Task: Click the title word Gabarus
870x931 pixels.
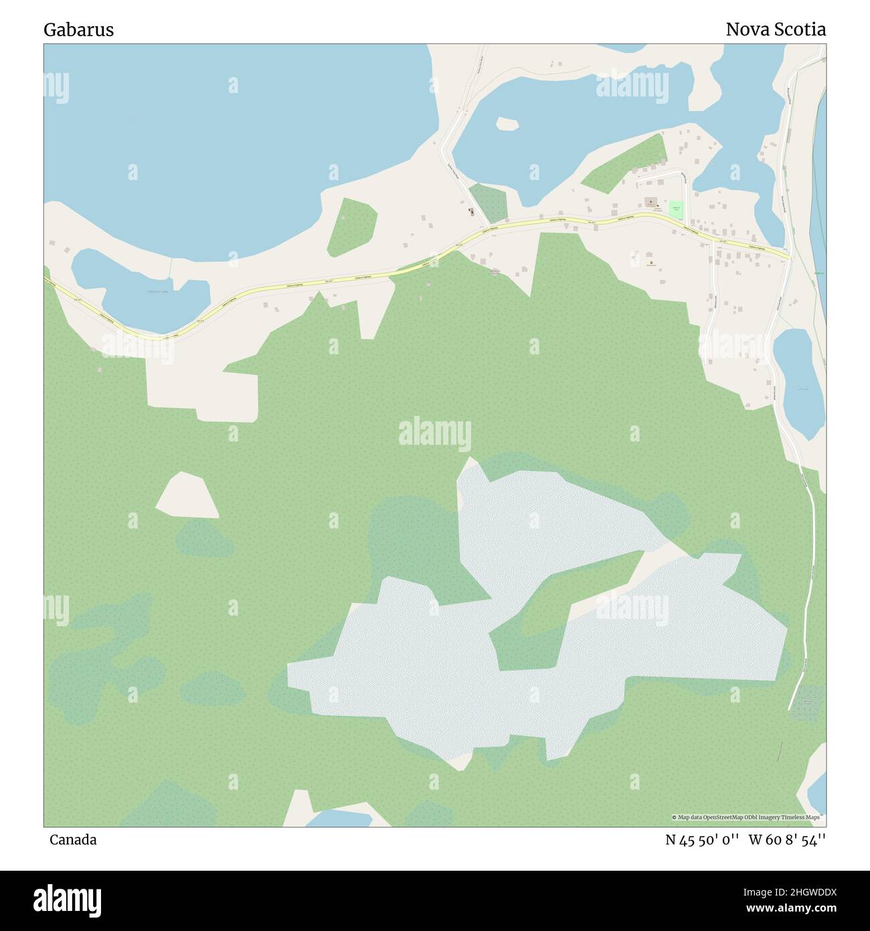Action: tap(78, 29)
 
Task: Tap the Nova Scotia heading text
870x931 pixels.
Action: tap(776, 29)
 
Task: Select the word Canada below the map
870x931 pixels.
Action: tap(72, 840)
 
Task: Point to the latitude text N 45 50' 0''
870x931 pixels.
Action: tap(702, 840)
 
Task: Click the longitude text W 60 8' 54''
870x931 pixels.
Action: tap(787, 840)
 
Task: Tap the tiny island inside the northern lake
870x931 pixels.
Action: tap(507, 124)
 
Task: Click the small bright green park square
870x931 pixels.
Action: tap(676, 210)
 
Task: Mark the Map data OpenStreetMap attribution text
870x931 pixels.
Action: tap(748, 817)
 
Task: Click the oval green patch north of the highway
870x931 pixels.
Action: tap(352, 226)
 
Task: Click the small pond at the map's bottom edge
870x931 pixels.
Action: tap(338, 818)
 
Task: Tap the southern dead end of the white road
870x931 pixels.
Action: tap(790, 707)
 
